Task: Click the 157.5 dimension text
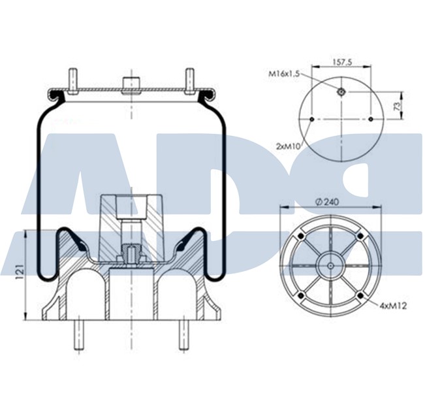[342, 62]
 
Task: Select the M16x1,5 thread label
[283, 75]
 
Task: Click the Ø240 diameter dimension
[330, 203]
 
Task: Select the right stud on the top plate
[190, 79]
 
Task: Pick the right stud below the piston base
[185, 334]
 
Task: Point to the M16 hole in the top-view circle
[341, 92]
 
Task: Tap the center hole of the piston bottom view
[330, 265]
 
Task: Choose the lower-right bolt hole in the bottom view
[360, 295]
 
